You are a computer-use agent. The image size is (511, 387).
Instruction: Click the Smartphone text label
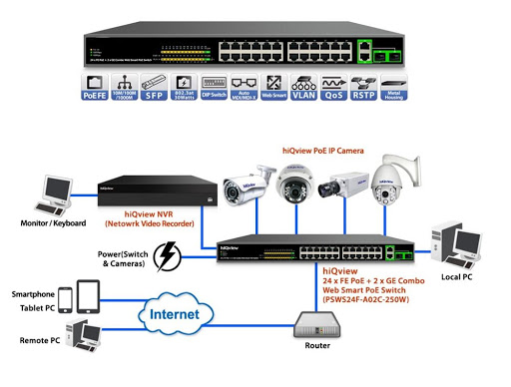click(31, 294)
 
